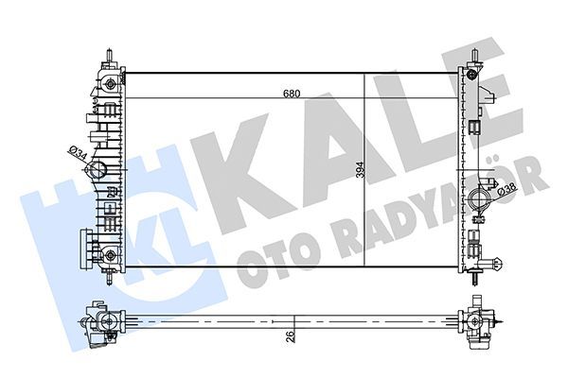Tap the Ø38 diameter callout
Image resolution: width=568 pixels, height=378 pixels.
(507, 194)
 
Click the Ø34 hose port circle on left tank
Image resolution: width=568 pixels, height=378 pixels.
(98, 171)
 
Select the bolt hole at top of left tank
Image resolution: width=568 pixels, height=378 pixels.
(112, 84)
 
